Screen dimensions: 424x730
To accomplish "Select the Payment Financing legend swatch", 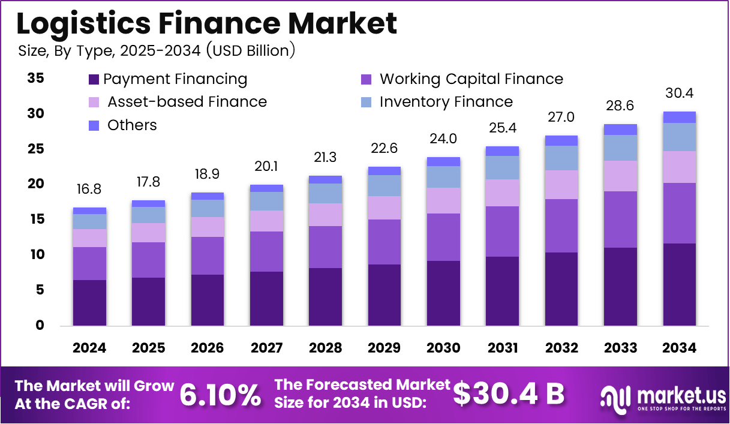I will coord(93,79).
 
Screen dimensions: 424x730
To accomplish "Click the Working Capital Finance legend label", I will coord(471,79).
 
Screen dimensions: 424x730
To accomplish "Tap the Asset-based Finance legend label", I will coord(187,102).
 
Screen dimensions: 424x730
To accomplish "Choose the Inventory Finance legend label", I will coord(446,102).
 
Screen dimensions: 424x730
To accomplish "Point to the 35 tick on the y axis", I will coord(36,78).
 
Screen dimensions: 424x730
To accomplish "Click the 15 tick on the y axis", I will coord(36,219).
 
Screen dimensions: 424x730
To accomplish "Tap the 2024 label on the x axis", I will coord(89,348).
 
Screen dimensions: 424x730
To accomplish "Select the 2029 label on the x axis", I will coord(384,348).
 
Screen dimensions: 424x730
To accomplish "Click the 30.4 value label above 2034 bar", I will coord(680,94).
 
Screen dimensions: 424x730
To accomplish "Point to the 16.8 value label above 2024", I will coord(89,190).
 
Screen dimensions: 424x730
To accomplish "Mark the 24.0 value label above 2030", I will coord(443,139).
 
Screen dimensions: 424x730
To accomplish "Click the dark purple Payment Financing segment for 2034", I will coord(680,284).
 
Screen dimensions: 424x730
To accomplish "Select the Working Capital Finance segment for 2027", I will coord(266,251).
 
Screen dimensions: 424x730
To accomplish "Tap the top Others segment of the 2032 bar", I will coord(561,140).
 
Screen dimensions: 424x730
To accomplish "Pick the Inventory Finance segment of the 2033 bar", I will coord(620,148).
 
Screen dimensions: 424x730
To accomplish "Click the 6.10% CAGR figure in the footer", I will coord(221,395).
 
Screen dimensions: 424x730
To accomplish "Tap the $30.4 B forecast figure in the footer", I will coord(509,394).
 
